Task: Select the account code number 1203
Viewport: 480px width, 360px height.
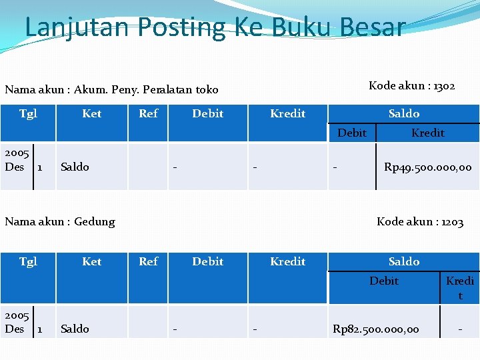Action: [x=450, y=222]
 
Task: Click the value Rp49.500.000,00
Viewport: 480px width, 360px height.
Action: [x=428, y=167]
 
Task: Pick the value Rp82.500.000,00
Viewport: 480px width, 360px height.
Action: [x=376, y=329]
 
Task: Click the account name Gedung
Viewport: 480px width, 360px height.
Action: [x=95, y=222]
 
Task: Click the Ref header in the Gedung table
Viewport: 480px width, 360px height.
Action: [x=148, y=261]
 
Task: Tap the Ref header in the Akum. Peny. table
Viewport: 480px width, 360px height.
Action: [x=148, y=113]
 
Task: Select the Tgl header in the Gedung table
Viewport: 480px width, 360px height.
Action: [x=28, y=261]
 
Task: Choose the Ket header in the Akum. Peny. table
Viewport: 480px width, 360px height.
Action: [x=92, y=113]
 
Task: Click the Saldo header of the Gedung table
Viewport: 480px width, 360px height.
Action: [x=404, y=261]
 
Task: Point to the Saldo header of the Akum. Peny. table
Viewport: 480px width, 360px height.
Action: [x=404, y=113]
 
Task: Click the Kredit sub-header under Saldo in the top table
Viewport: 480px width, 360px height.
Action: [x=428, y=133]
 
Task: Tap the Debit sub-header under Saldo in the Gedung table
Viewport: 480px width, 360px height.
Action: [x=384, y=281]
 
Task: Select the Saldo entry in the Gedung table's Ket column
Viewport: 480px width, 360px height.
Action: [x=75, y=329]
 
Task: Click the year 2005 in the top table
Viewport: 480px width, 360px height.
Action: [x=17, y=153]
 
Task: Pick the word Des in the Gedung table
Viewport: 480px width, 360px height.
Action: [x=15, y=329]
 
